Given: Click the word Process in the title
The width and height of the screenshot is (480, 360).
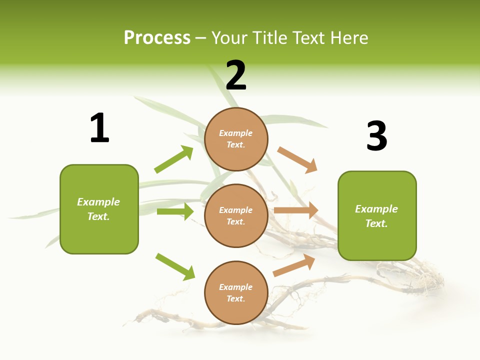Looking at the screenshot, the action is pos(157,38).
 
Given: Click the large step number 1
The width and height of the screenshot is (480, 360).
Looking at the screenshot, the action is pos(99,127).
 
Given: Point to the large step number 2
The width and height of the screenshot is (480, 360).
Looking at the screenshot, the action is pos(236,75).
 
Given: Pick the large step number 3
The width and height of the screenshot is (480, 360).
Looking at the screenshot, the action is pos(377,135).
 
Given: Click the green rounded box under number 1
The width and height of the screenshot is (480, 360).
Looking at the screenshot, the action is pos(99,209).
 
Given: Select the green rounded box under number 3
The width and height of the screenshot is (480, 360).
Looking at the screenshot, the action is pos(377,216).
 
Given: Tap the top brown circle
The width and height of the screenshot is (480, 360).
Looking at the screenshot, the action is pos(236,139).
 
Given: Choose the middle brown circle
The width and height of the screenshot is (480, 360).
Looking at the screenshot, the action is pos(236,216).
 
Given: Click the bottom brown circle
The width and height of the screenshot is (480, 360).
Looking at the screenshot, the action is pos(236,292).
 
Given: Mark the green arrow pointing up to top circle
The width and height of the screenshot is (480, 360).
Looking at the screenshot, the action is pos(173,159).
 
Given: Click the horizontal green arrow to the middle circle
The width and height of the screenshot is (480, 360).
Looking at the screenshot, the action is pos(175,211).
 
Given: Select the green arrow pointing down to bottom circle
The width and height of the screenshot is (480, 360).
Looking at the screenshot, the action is pos(175,267).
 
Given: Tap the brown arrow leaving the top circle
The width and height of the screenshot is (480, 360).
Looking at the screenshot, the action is pos(297,160).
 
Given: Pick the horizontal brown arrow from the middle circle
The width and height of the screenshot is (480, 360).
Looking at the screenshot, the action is pos(296,210).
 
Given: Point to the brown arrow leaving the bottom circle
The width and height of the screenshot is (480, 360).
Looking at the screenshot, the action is pos(294,265).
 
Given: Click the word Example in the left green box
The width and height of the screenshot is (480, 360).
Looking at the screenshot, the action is pos(98,202).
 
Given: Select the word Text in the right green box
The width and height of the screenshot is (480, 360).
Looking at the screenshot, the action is pos(376,223).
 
